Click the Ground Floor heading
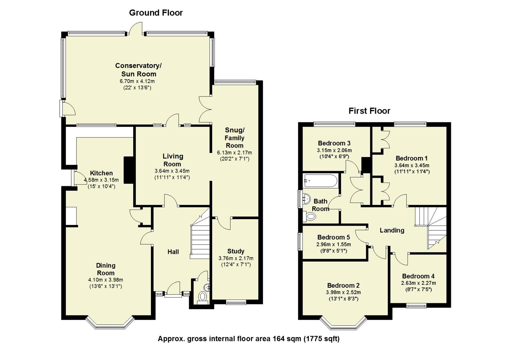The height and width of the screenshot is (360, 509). [x=156, y=13]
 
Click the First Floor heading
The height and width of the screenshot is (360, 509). [x=369, y=111]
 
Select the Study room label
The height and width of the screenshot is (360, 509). [x=236, y=251]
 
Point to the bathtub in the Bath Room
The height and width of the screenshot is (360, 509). [x=320, y=181]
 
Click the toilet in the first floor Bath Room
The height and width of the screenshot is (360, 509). [x=310, y=217]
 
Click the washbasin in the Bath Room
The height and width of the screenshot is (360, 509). [x=305, y=199]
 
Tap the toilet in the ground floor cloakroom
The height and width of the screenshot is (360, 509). [x=202, y=296]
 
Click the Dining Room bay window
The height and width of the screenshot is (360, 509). [x=110, y=323]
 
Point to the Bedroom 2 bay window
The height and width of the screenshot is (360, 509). [x=343, y=323]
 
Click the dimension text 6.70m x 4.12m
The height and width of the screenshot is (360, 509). [x=137, y=81]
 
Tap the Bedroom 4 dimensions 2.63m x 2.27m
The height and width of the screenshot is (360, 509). [x=418, y=283]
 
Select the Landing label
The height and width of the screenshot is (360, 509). [x=392, y=230]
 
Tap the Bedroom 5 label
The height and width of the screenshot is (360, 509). [x=333, y=237]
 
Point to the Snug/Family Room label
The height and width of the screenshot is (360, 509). [x=235, y=138]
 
